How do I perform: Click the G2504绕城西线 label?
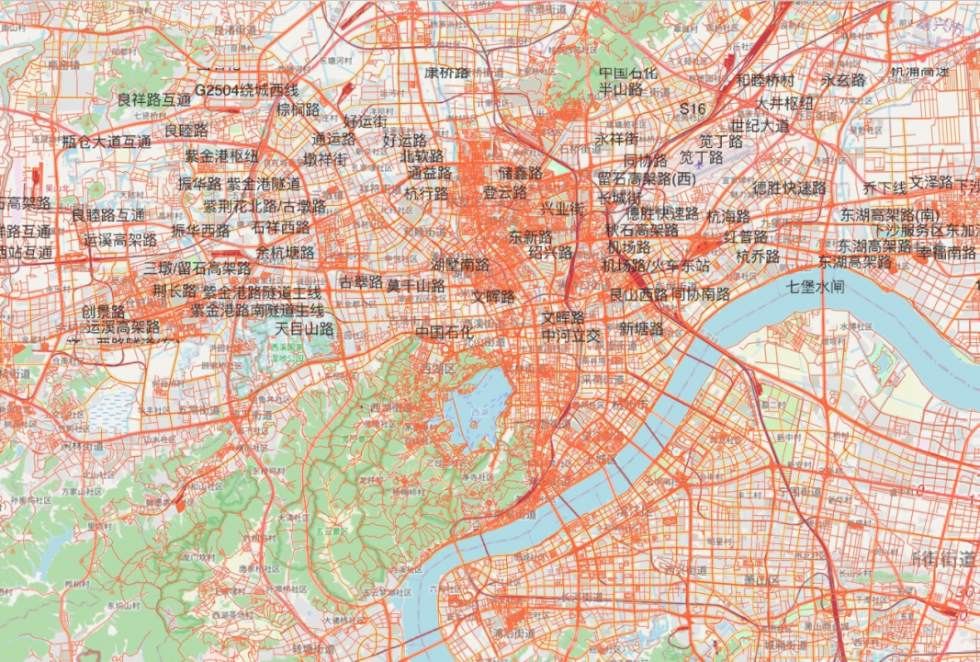pyautogui.click(x=246, y=90)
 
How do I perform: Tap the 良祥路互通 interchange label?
pyautogui.click(x=154, y=98)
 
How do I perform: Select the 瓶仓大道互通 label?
pyautogui.click(x=107, y=142)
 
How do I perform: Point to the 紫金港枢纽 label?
pyautogui.click(x=221, y=156)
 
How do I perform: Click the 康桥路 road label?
pyautogui.click(x=446, y=72)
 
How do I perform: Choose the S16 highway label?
pyautogui.click(x=693, y=109)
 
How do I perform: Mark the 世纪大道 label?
pyautogui.click(x=760, y=125)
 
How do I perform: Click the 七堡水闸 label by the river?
pyautogui.click(x=815, y=287)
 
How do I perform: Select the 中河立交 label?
pyautogui.click(x=570, y=335)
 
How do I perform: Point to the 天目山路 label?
pyautogui.click(x=305, y=328)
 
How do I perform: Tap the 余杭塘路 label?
pyautogui.click(x=285, y=252)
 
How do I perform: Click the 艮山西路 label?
pyautogui.click(x=638, y=295)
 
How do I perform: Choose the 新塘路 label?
pyautogui.click(x=641, y=328)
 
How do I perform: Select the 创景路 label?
pyautogui.click(x=104, y=311)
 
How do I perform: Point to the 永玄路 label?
pyautogui.click(x=843, y=81)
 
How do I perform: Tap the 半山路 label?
pyautogui.click(x=621, y=90)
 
